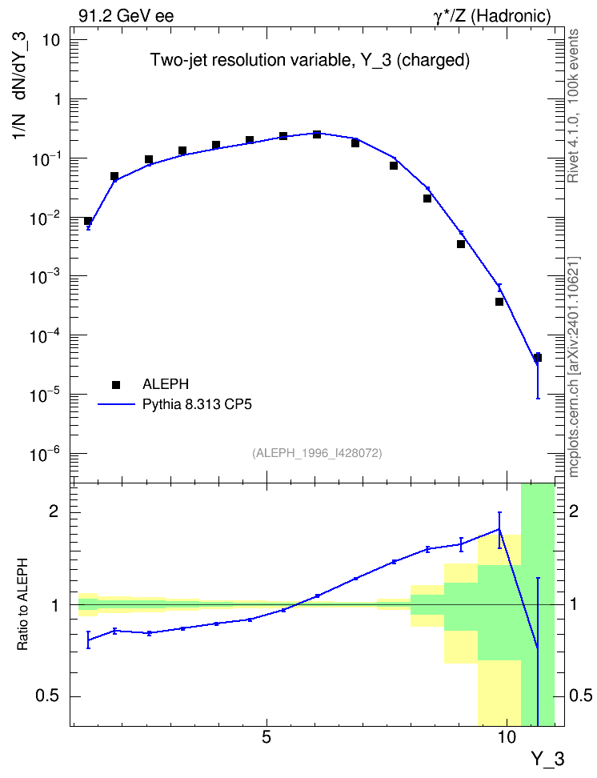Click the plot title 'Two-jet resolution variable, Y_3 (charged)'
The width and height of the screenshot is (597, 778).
310,60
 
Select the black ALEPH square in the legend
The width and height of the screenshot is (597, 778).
116,384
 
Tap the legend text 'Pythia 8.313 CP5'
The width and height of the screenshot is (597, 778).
197,404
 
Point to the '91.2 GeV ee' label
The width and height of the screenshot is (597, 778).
126,16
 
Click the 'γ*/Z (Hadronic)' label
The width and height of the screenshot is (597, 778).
492,16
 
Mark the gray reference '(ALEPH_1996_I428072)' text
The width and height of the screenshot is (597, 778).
317,453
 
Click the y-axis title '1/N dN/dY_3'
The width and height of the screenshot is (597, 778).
20,86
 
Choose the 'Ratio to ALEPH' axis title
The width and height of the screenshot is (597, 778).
22,604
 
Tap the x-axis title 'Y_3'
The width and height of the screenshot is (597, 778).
548,759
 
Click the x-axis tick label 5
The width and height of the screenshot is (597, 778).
266,737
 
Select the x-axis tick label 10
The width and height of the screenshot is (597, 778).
507,737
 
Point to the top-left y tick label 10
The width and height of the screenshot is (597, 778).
51,40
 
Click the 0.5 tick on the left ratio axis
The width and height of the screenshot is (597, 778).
48,696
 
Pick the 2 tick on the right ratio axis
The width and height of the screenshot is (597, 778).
574,511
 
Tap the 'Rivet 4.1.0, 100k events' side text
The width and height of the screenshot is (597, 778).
573,106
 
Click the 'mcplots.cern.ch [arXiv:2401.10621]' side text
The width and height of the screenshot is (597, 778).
573,367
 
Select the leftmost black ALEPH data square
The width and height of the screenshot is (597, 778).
88,221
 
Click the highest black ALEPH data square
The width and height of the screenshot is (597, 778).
317,134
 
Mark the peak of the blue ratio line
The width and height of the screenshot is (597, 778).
499,529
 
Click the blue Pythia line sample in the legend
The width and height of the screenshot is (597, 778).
116,404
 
